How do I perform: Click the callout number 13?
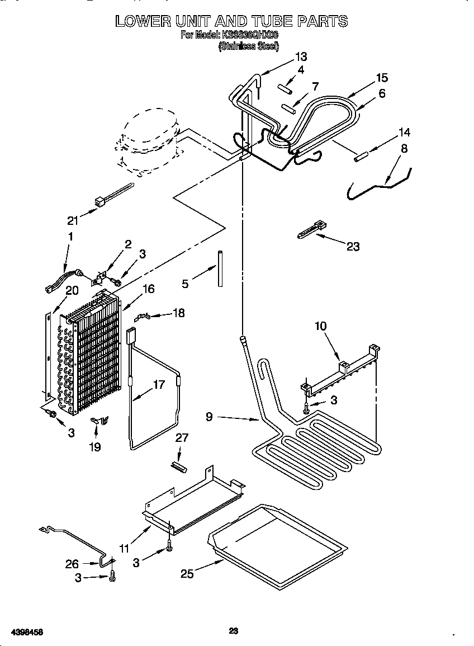point(301,56)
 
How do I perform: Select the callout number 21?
point(73,220)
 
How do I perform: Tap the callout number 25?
point(187,573)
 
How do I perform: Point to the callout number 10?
point(321,326)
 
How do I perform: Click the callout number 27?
point(182,438)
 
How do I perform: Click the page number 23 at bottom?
point(234,631)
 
